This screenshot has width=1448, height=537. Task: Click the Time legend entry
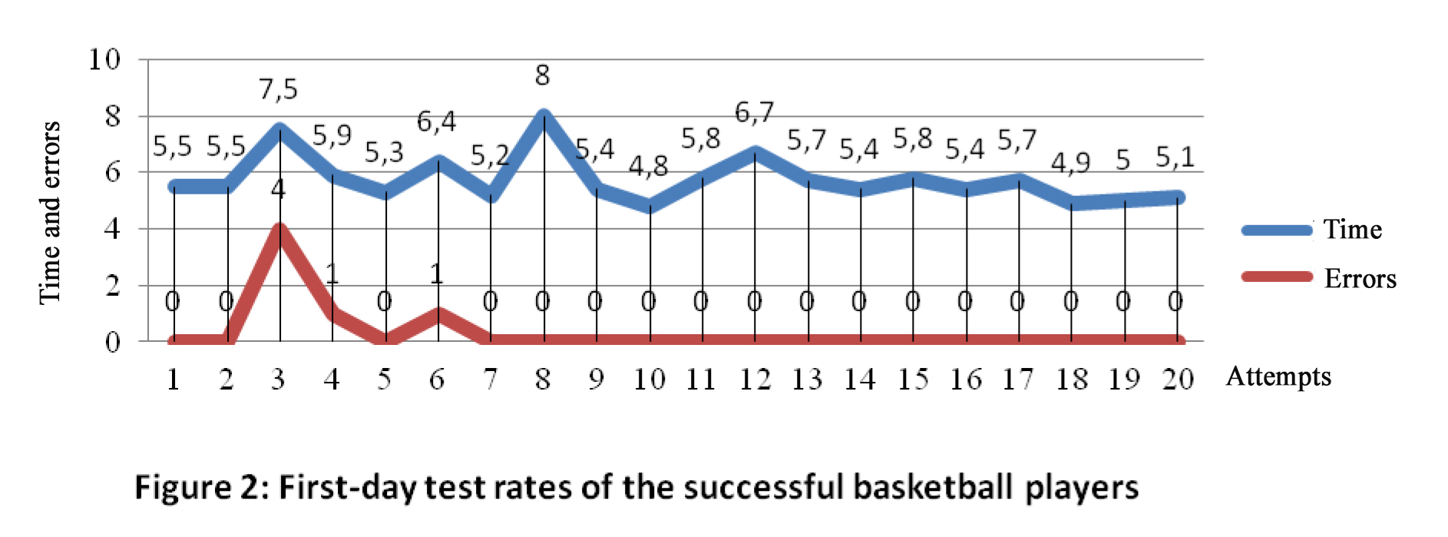tap(1352, 230)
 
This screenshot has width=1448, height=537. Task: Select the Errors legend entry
tap(1360, 278)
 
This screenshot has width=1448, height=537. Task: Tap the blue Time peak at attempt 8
tap(544, 117)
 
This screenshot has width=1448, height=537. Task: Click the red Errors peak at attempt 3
tap(279, 229)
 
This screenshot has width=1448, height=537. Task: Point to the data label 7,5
tap(278, 90)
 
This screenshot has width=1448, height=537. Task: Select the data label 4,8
tap(648, 166)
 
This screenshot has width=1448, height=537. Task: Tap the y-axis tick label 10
tap(104, 59)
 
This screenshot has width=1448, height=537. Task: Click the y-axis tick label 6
tap(112, 172)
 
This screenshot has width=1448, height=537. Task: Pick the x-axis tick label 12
tap(754, 379)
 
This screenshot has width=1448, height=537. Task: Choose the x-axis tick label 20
tap(1177, 379)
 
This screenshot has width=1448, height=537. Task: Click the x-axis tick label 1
tap(174, 379)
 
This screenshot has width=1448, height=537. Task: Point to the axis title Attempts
tap(1278, 376)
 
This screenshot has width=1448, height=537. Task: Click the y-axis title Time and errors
tap(50, 212)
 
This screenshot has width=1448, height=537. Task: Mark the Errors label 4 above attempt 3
tap(278, 188)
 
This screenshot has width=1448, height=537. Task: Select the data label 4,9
tap(1070, 163)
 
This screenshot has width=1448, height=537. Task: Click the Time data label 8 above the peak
tap(542, 75)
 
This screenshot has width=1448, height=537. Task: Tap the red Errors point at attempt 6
tap(438, 313)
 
